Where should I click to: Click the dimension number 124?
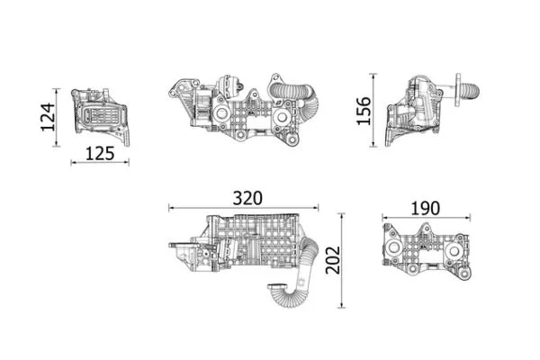pyautogui.click(x=48, y=117)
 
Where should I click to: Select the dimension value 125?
pyautogui.click(x=99, y=153)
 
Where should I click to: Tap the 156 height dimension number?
pyautogui.click(x=364, y=111)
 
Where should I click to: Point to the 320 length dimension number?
pyautogui.click(x=248, y=197)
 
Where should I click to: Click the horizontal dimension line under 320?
pyautogui.click(x=243, y=208)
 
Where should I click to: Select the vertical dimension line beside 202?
pyautogui.click(x=341, y=261)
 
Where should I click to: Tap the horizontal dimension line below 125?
pyautogui.click(x=99, y=163)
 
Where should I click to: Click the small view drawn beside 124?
pyautogui.click(x=99, y=115)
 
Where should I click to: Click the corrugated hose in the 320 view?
pyautogui.click(x=297, y=279)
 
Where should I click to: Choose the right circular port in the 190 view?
pyautogui.click(x=460, y=249)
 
